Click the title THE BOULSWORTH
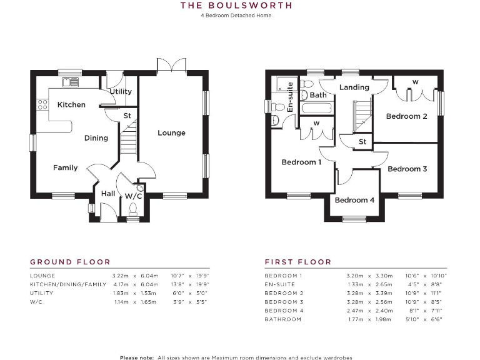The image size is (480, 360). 236,6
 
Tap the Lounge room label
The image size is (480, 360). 171,133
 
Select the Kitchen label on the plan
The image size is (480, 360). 71,104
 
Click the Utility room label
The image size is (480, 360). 121,91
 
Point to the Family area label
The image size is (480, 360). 65,167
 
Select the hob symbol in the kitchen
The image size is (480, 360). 43,104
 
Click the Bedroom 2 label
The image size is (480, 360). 406,116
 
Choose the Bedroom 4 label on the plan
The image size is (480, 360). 354,200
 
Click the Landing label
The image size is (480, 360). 354,87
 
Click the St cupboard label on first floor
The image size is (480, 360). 362,142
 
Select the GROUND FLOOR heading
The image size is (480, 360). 70,262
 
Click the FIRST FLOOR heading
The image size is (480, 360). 297,262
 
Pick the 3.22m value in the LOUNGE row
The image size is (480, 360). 121,276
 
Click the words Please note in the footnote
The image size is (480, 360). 136,357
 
